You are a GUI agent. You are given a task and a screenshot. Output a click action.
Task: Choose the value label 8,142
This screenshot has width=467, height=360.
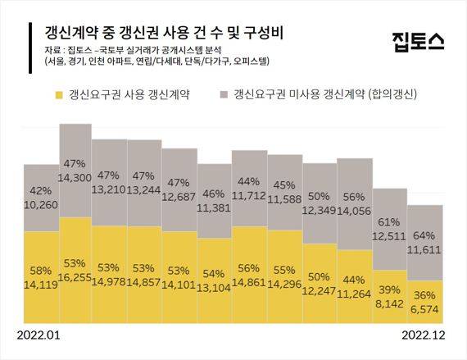391,301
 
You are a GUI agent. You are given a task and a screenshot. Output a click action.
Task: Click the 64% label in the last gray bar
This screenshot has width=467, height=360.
425,236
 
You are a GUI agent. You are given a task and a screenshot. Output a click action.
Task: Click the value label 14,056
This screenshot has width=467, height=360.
356,209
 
